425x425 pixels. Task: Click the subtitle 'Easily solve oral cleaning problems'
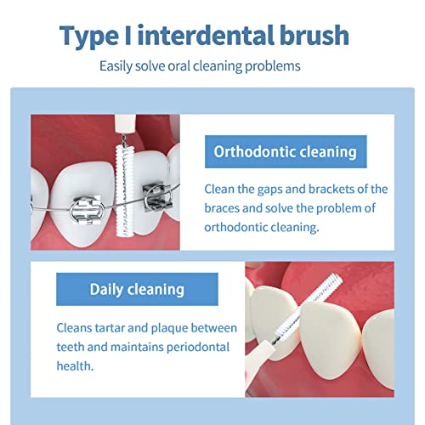[x=212, y=65]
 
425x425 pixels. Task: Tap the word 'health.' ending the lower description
[x=76, y=366]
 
